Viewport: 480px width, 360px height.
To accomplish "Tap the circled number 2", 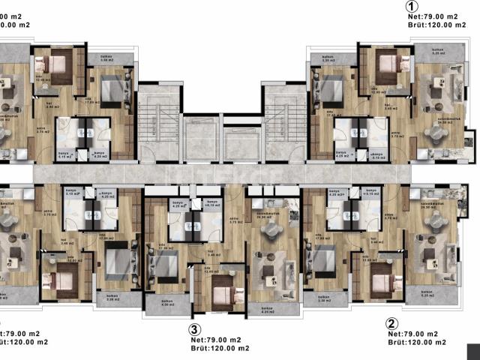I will point(391,324).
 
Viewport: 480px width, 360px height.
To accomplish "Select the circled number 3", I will point(194,328).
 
